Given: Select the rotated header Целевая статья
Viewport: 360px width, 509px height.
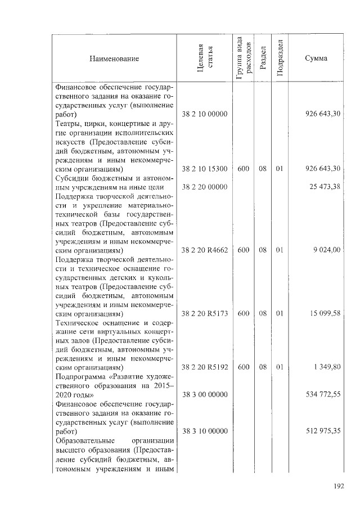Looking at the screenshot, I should [205, 58].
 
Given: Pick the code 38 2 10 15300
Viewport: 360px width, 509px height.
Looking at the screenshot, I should [205, 168].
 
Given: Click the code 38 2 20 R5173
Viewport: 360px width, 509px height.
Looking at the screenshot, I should [205, 313].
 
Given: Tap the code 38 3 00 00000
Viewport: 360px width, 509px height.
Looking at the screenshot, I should [205, 395].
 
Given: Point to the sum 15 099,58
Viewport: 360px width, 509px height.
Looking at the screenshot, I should [325, 313].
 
